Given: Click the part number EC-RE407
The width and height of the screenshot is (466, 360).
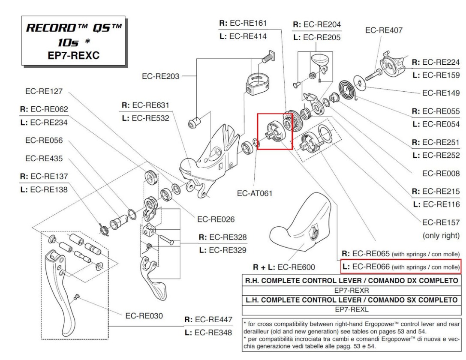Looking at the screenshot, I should [x=383, y=31].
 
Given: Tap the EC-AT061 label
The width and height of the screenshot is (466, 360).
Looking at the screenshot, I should [x=257, y=194].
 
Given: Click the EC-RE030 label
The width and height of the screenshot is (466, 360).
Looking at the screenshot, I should [x=145, y=316].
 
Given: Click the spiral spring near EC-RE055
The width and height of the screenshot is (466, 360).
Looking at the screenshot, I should [x=349, y=91].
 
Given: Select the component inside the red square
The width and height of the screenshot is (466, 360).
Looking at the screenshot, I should [x=274, y=131].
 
